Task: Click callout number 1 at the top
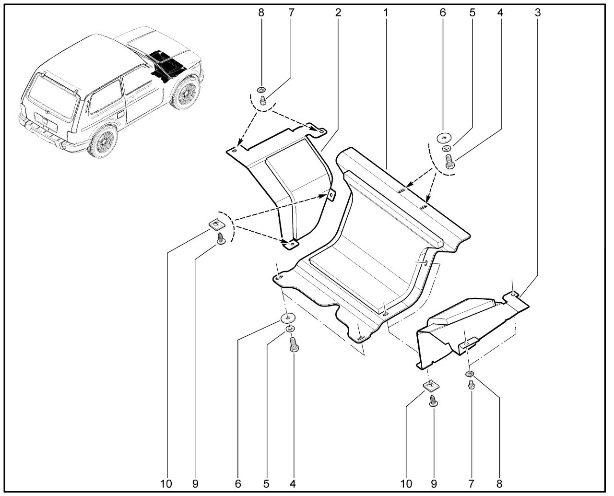coord(385,12)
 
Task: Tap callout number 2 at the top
coord(338,12)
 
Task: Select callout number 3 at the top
coord(538,12)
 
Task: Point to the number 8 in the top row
coord(261,12)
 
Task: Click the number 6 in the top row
coord(443,12)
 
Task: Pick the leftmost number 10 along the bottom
coord(166,484)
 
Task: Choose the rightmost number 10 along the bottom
coord(406,484)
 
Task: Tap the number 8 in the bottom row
coord(499,484)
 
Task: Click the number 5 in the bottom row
coord(266,484)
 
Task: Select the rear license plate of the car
coord(46,121)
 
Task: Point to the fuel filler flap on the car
coord(121,114)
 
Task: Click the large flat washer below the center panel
coord(288,318)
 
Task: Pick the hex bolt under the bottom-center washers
coord(294,345)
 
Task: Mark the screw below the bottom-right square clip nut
coord(433,401)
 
